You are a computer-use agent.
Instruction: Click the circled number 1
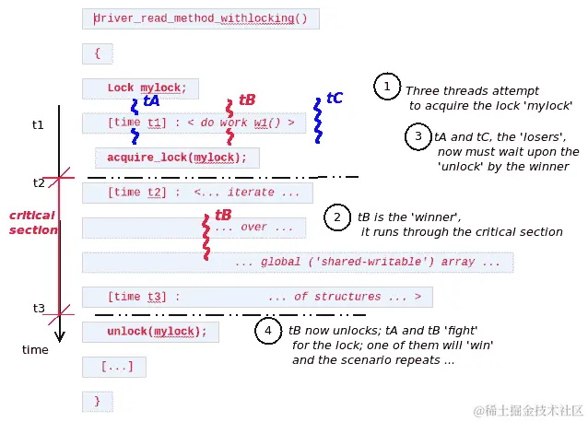pyautogui.click(x=386, y=87)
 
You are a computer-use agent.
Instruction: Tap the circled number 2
pyautogui.click(x=337, y=217)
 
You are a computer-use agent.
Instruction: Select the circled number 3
pyautogui.click(x=417, y=136)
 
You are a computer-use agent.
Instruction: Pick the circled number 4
pyautogui.click(x=267, y=331)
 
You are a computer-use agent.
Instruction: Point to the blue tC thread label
pyautogui.click(x=335, y=98)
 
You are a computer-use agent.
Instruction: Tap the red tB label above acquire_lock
pyautogui.click(x=247, y=100)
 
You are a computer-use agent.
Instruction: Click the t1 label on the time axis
pyautogui.click(x=37, y=123)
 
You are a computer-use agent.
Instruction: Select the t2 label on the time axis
pyautogui.click(x=38, y=182)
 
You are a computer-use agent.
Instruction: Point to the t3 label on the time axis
pyautogui.click(x=39, y=308)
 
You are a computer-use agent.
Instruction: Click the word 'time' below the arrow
pyautogui.click(x=35, y=349)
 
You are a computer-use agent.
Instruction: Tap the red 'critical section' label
pyautogui.click(x=33, y=222)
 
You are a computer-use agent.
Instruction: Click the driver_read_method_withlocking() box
pyautogui.click(x=201, y=18)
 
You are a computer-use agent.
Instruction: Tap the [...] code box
pyautogui.click(x=114, y=367)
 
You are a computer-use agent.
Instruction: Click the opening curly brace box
pyautogui.click(x=97, y=53)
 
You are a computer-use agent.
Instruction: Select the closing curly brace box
pyautogui.click(x=97, y=401)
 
